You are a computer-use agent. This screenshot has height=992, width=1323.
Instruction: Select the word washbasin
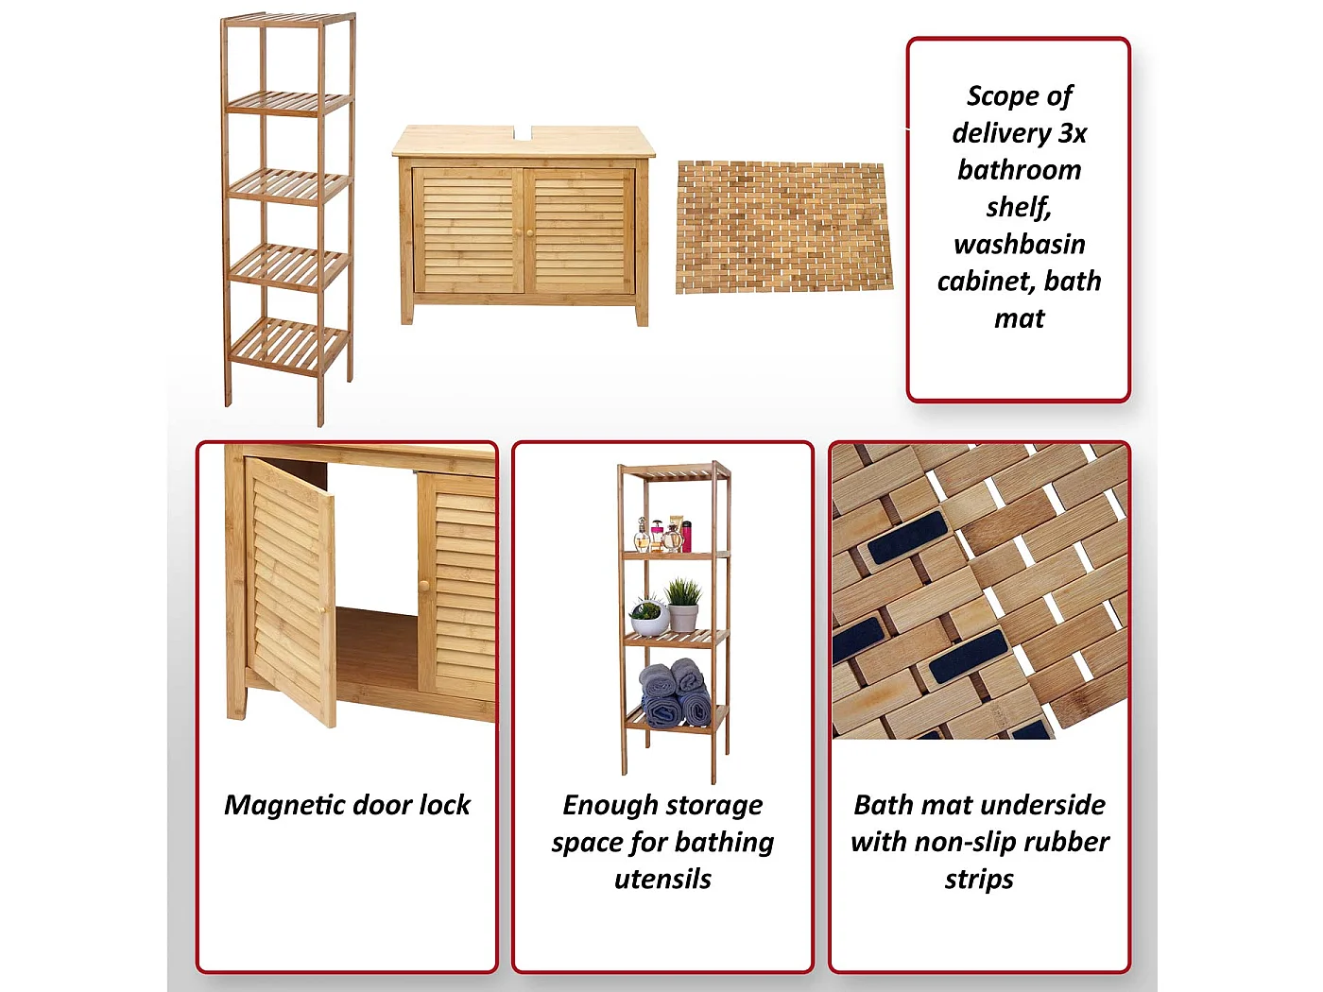point(1019,245)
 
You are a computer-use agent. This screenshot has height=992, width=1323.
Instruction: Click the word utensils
point(662,880)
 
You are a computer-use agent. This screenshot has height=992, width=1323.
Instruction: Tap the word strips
point(979,880)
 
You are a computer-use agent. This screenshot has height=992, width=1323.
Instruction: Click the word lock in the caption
point(444,805)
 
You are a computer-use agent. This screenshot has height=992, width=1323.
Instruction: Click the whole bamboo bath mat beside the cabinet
point(783,227)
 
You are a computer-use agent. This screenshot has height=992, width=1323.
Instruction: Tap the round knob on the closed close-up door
point(424,586)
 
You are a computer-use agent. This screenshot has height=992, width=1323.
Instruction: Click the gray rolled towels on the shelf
point(675,695)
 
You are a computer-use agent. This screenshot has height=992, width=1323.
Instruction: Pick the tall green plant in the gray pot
point(683,605)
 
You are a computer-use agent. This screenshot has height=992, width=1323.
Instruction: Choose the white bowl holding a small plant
point(649,619)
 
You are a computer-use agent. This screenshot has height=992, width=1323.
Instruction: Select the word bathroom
point(1019,170)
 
